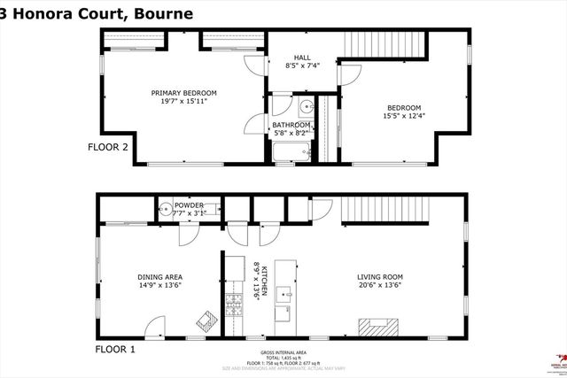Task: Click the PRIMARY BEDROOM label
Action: (183, 93)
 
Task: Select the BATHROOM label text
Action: (290, 125)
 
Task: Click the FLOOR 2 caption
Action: (111, 148)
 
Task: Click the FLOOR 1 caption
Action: (115, 350)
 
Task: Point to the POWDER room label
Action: (188, 204)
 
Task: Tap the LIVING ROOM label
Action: (382, 277)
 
